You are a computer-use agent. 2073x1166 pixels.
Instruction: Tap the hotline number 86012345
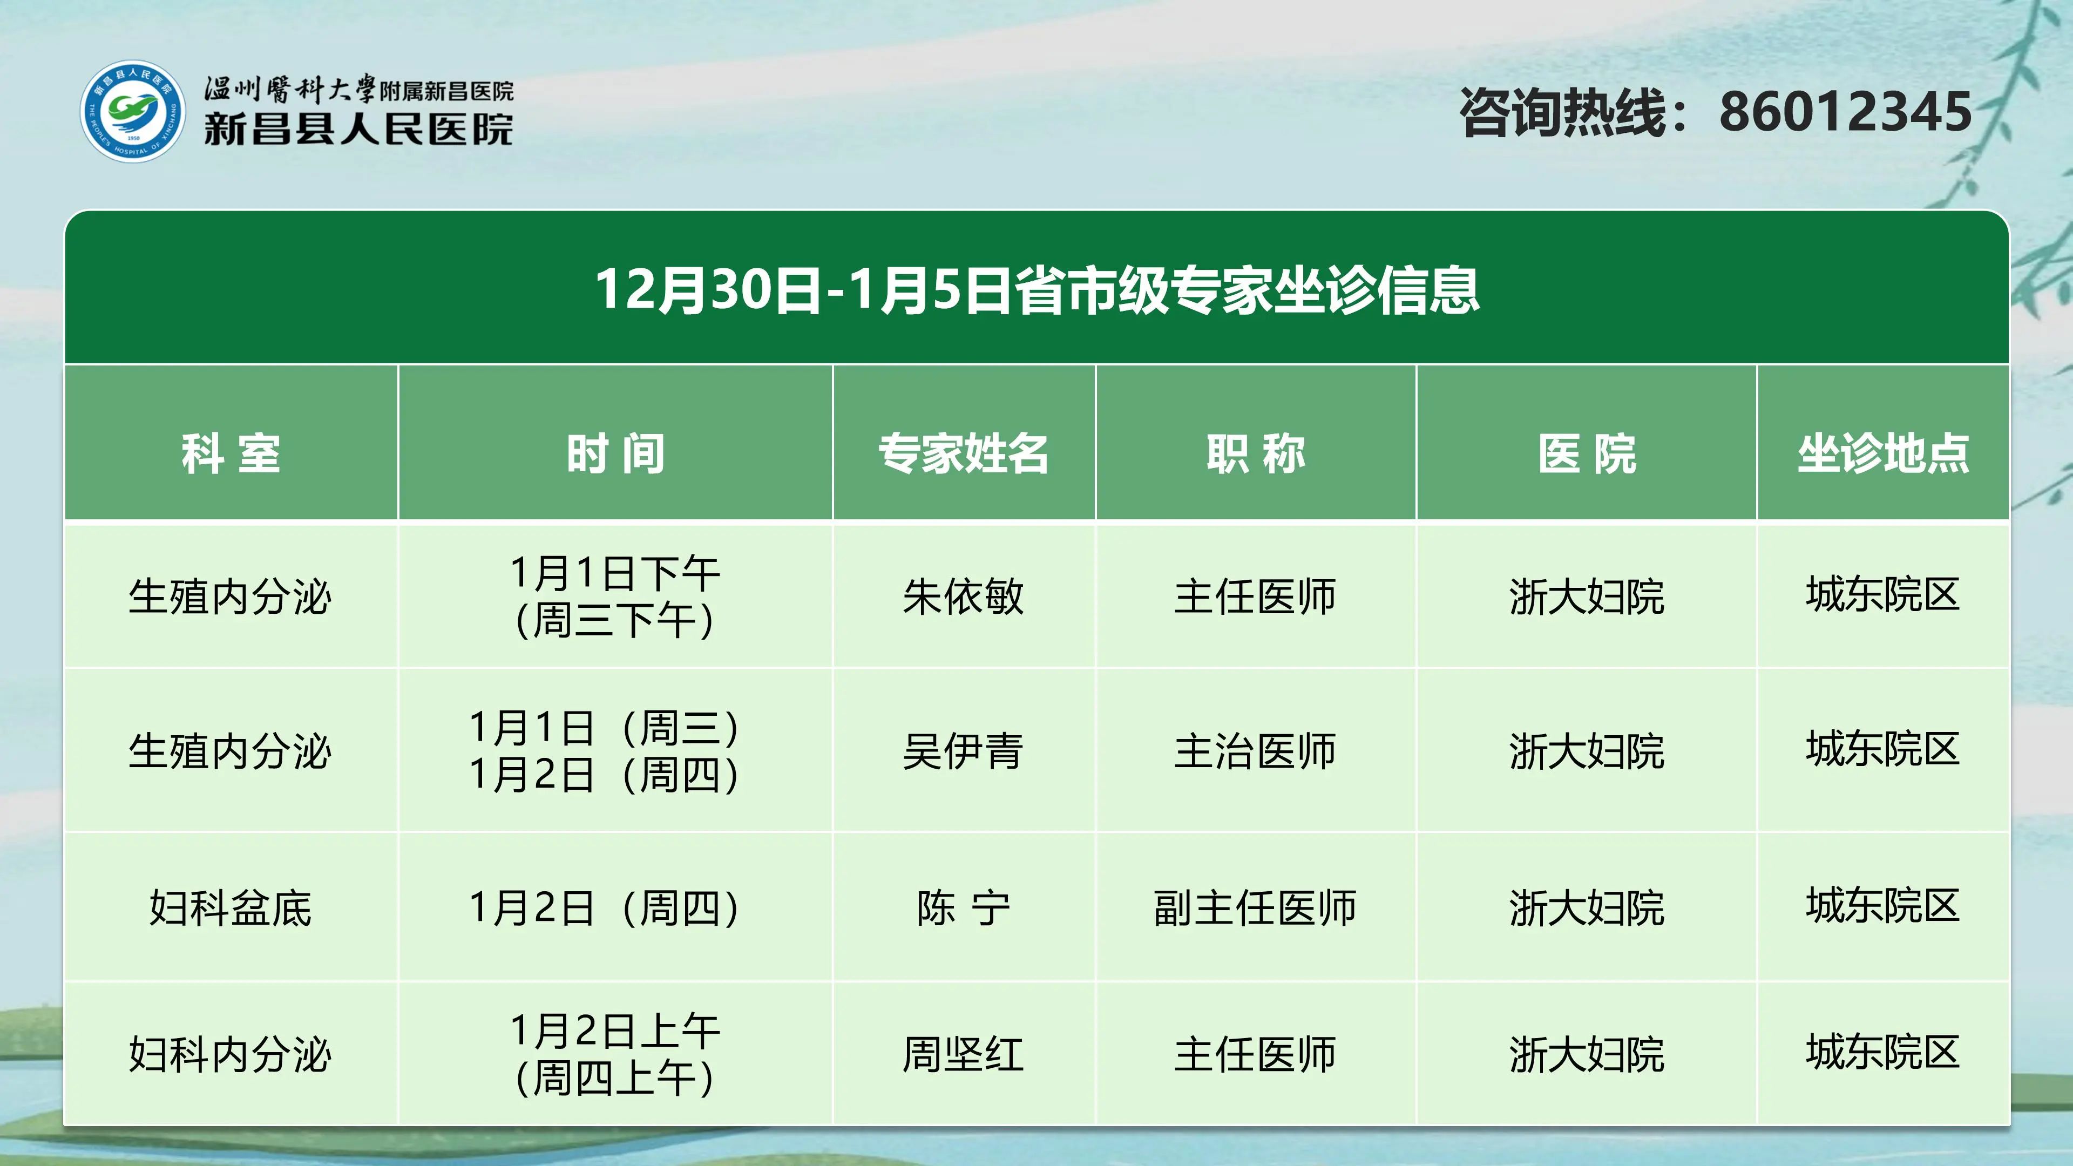coord(1845,112)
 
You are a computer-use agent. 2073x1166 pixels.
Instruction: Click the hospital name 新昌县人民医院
coord(358,129)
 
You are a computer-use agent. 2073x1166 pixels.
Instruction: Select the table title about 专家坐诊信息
coord(1036,290)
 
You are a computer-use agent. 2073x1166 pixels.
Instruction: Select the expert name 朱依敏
coord(963,596)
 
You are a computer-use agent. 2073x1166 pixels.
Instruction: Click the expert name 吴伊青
coord(963,751)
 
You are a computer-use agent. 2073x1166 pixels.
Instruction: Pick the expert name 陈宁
coord(963,907)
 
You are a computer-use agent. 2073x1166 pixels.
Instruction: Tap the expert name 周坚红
coord(963,1054)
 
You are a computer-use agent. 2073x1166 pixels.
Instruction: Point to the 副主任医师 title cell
coord(1255,907)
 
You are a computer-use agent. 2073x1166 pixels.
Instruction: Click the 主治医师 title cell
coord(1255,751)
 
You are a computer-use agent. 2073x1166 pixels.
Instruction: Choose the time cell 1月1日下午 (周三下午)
coord(615,596)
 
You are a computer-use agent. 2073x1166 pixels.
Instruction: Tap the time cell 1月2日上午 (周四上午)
coord(615,1054)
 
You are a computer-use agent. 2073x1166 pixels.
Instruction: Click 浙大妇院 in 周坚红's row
coord(1587,1054)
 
